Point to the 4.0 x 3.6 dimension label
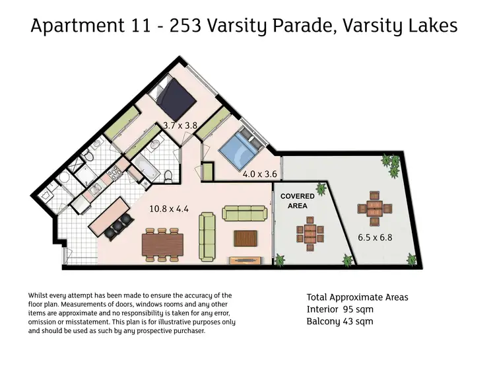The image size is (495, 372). pyautogui.click(x=259, y=174)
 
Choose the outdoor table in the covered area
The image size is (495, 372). pyautogui.click(x=309, y=233)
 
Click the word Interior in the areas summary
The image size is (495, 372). pyautogui.click(x=322, y=309)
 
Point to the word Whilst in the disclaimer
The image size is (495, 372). pyautogui.click(x=40, y=295)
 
